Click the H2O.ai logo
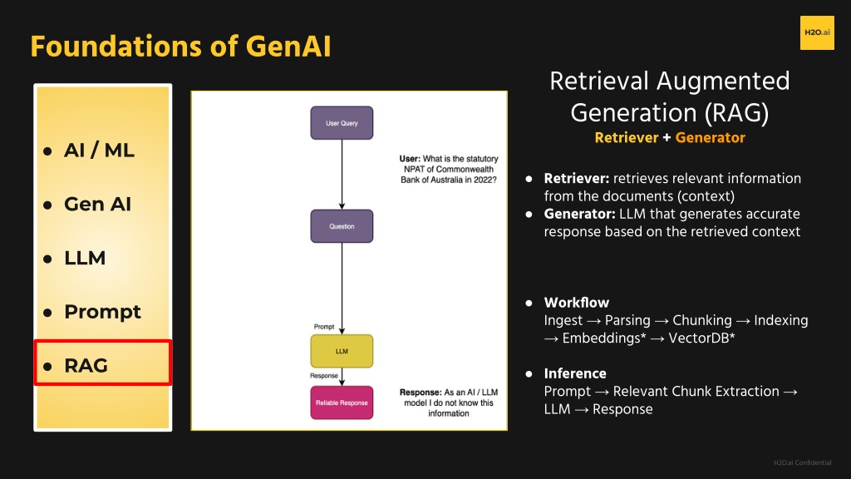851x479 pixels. point(817,32)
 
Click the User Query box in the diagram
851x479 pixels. point(342,123)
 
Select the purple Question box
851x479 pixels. point(342,226)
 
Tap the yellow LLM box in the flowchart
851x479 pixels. point(342,351)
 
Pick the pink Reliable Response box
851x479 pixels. point(342,402)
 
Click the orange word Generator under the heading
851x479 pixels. point(710,138)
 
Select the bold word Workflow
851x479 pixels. point(577,303)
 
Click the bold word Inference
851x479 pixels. point(575,373)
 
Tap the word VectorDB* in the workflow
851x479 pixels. point(701,338)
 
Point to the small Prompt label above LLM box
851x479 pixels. point(324,326)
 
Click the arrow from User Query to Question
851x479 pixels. point(342,175)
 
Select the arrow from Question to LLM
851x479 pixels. point(342,289)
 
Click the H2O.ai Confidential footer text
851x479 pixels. point(802,462)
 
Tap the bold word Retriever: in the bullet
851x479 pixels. point(577,179)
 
